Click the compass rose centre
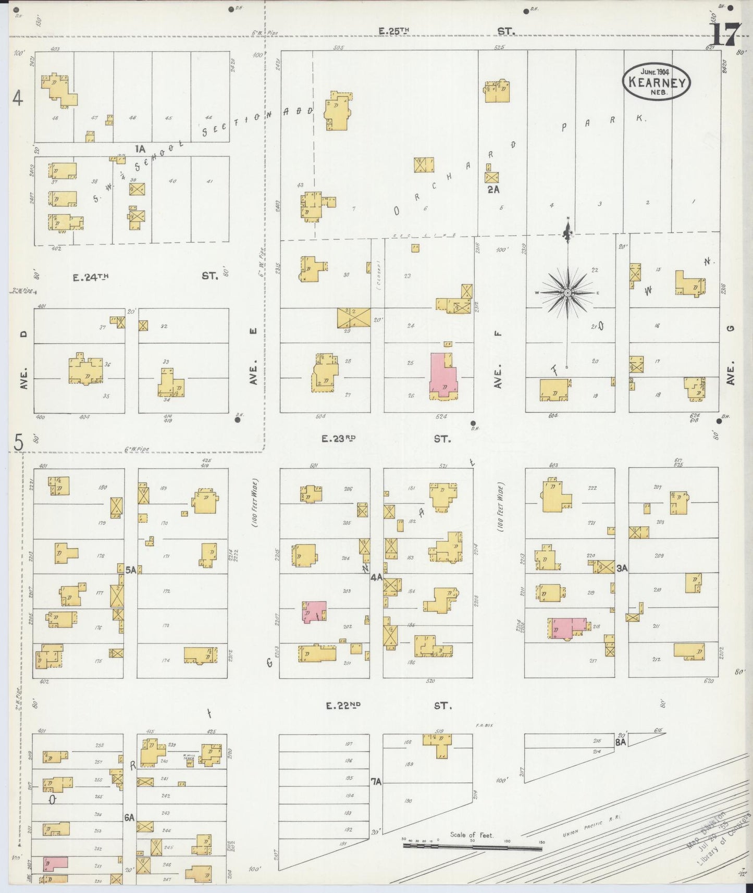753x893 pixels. pyautogui.click(x=567, y=293)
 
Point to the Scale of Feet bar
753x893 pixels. pyautogui.click(x=472, y=846)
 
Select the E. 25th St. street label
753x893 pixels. pyautogui.click(x=394, y=32)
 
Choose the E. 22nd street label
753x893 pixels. pyautogui.click(x=343, y=705)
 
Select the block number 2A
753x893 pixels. pyautogui.click(x=493, y=190)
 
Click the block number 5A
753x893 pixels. pyautogui.click(x=130, y=570)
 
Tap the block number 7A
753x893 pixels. pyautogui.click(x=376, y=782)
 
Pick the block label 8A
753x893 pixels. pyautogui.click(x=620, y=743)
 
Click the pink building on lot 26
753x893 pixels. pyautogui.click(x=443, y=376)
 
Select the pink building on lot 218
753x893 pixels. pyautogui.click(x=567, y=627)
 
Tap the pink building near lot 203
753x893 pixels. pyautogui.click(x=315, y=612)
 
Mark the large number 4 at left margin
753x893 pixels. pyautogui.click(x=18, y=98)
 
